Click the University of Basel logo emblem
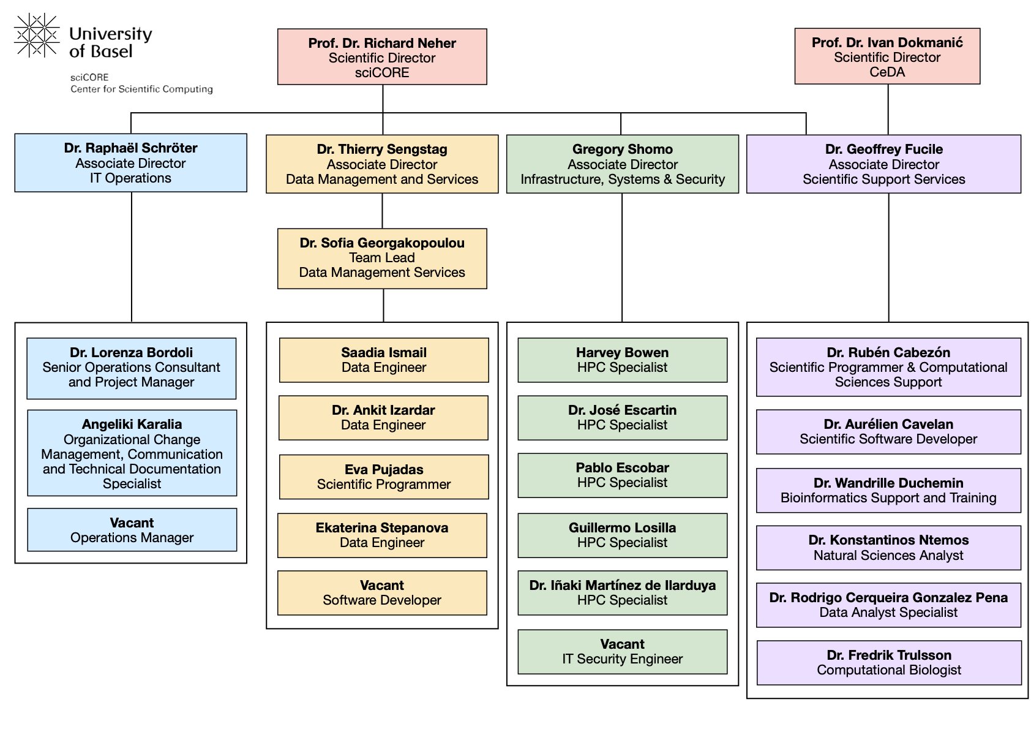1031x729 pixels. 36,36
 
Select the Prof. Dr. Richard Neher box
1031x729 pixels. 382,57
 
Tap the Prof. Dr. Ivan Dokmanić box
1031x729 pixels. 887,56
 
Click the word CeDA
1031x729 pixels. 887,72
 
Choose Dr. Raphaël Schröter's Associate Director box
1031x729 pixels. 130,163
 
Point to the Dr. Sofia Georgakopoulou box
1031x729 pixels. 382,259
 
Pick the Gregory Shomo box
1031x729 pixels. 623,164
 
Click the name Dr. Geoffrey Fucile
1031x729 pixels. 884,149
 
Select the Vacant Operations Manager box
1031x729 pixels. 132,530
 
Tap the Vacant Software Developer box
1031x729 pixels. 382,593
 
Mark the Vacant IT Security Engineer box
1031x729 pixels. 623,652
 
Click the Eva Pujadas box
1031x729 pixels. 384,477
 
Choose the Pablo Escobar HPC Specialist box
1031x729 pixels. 623,475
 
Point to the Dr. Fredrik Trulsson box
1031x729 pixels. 889,663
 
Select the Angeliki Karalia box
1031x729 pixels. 132,453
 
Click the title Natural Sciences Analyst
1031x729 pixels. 888,556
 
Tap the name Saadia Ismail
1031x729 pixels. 384,353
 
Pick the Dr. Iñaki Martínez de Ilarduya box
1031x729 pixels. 623,593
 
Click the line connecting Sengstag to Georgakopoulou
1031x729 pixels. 383,211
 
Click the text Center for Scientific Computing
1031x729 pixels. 141,89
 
